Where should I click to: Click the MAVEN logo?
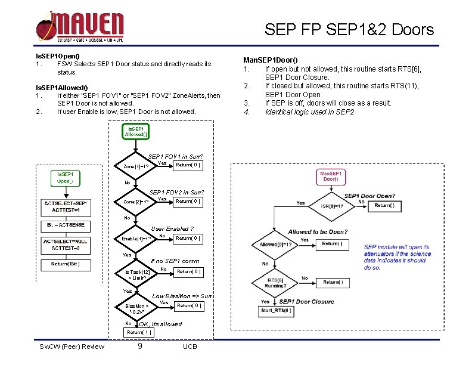pyautogui.click(x=80, y=27)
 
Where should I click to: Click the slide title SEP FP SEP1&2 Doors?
pyautogui.click(x=349, y=29)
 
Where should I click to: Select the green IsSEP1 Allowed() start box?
pyautogui.click(x=136, y=131)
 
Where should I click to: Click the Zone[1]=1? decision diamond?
pyautogui.click(x=136, y=166)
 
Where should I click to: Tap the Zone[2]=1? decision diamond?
pyautogui.click(x=136, y=202)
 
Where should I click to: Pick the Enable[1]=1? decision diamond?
pyautogui.click(x=136, y=238)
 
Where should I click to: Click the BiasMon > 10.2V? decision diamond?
pyautogui.click(x=136, y=308)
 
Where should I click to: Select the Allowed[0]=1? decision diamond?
pyautogui.click(x=275, y=245)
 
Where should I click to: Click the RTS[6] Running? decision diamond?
pyautogui.click(x=275, y=283)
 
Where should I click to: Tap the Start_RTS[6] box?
pyautogui.click(x=275, y=311)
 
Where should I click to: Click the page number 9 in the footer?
pyautogui.click(x=139, y=345)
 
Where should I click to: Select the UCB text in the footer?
pyautogui.click(x=190, y=347)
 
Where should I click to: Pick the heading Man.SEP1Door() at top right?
pyautogui.click(x=271, y=60)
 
